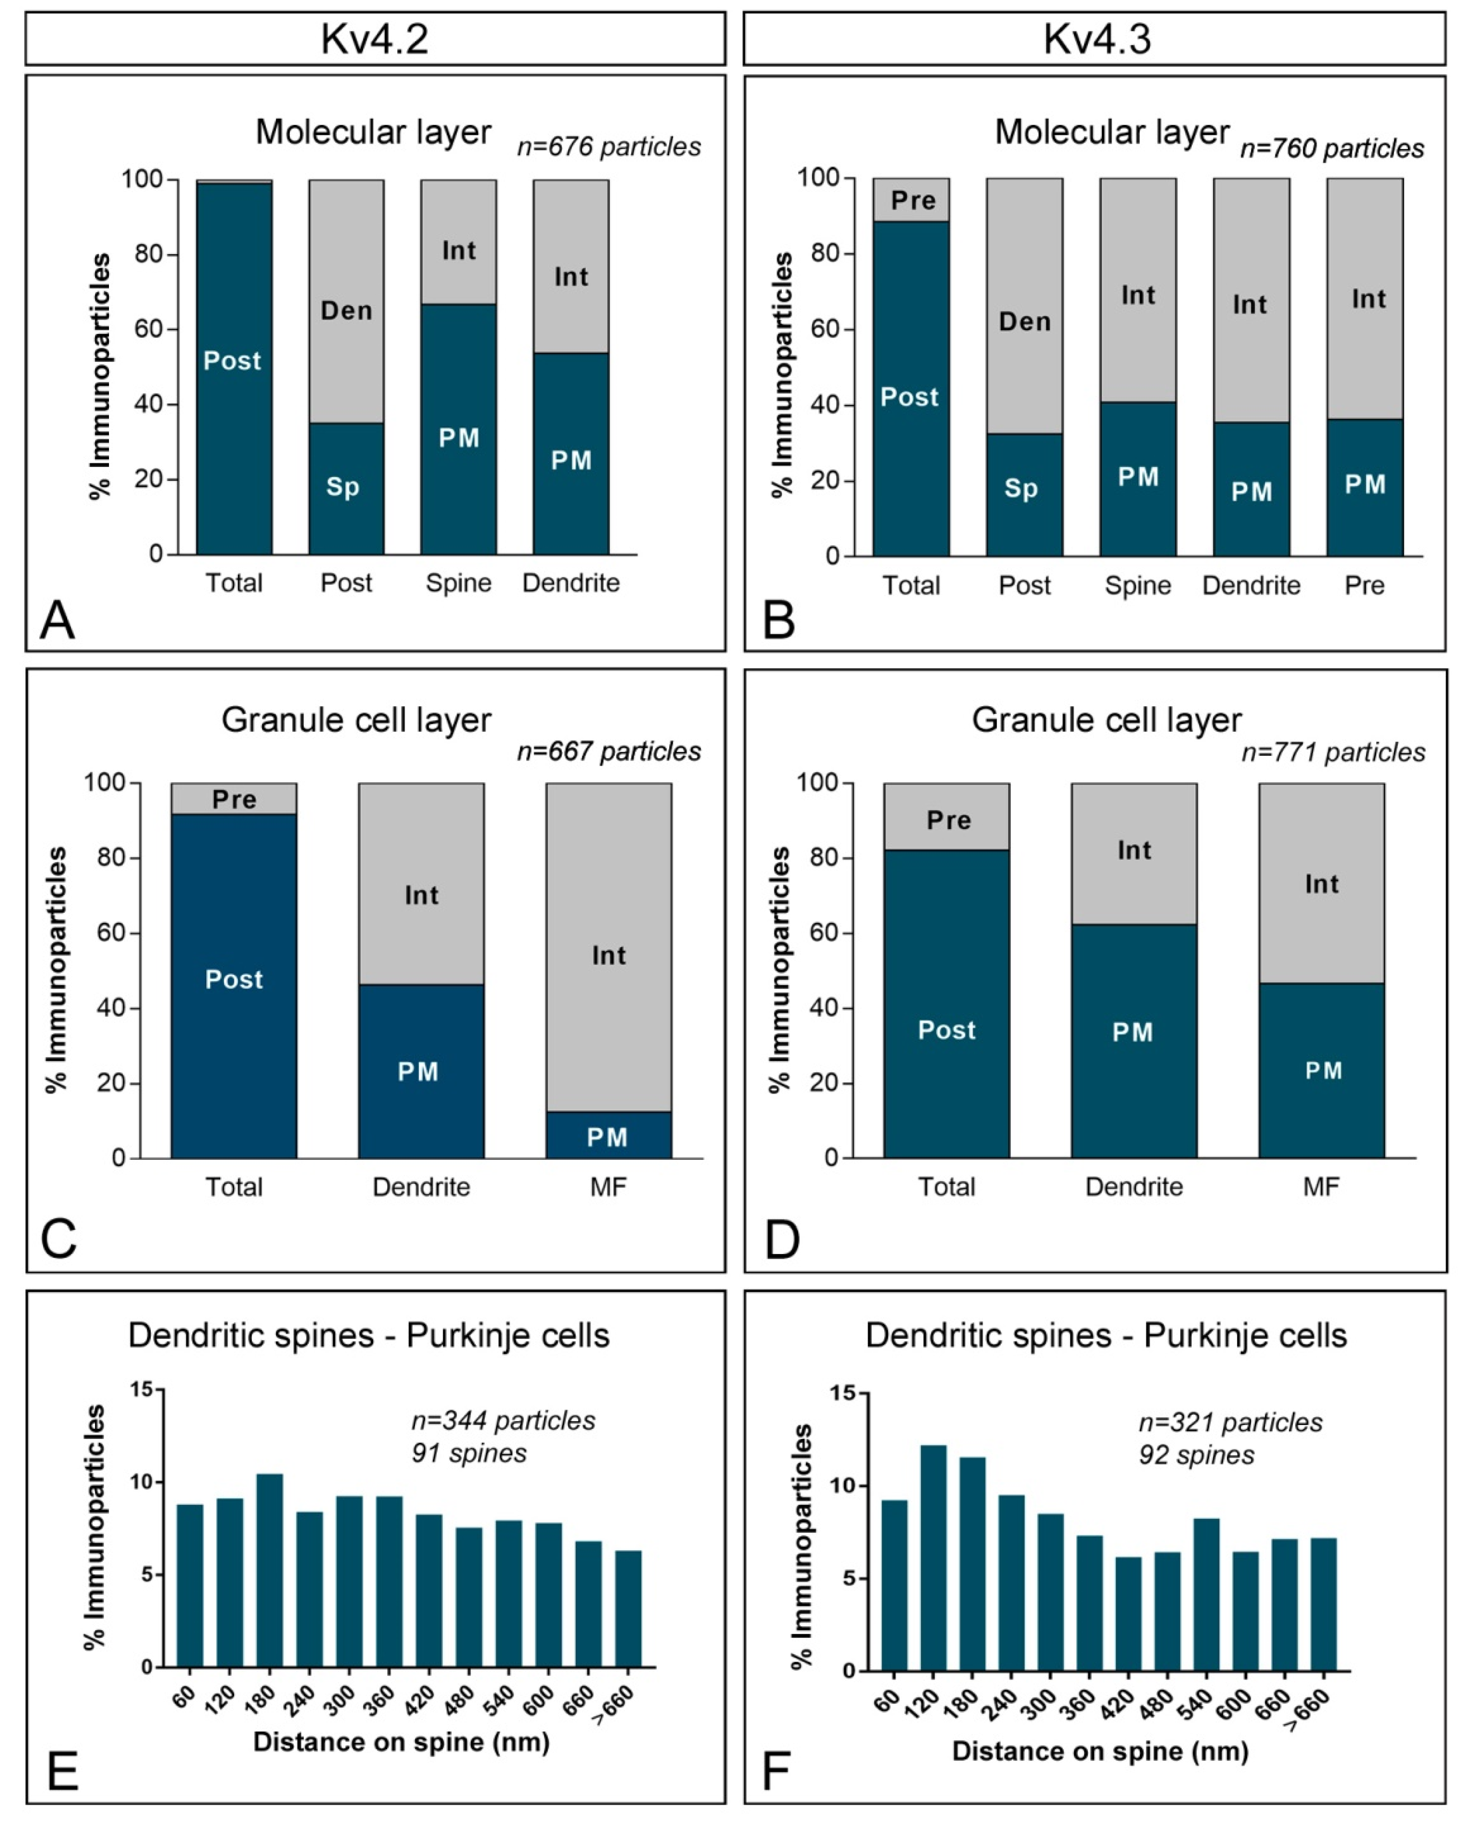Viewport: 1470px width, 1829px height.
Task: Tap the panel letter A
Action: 57,620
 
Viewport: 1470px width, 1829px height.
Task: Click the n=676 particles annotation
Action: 609,147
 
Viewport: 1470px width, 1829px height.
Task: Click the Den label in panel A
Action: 346,311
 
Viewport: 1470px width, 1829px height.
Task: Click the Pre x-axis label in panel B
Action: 1364,585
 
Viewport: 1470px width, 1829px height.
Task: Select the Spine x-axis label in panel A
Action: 458,583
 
